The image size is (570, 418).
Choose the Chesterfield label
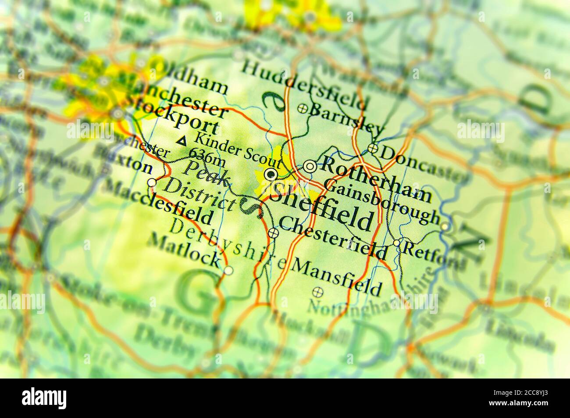333,239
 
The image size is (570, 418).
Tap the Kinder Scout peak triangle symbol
182,141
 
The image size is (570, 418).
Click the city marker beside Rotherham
310,166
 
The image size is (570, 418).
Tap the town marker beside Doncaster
373,148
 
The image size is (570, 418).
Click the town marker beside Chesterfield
273,233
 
